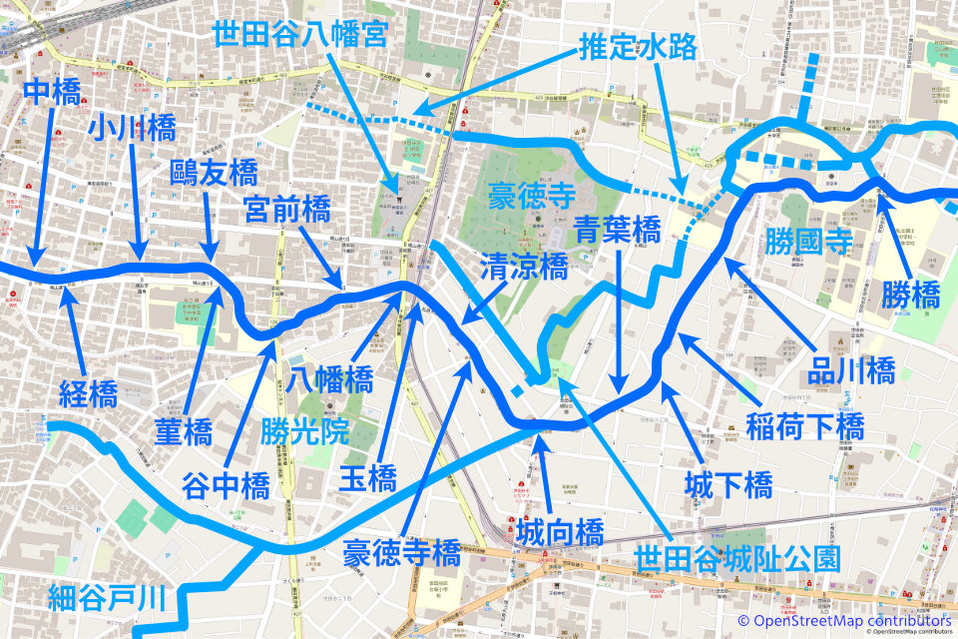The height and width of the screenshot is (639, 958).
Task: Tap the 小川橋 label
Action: [x=132, y=127]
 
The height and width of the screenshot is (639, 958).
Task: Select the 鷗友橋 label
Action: [x=214, y=172]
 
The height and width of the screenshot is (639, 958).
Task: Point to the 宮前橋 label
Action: [x=287, y=210]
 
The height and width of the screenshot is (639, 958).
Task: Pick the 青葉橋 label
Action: [x=619, y=231]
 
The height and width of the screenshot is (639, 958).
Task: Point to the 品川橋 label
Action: [x=851, y=371]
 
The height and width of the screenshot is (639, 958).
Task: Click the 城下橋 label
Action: [x=728, y=485]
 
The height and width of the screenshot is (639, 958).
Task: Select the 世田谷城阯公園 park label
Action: [x=737, y=558]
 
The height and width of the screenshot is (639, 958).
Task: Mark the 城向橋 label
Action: [x=560, y=531]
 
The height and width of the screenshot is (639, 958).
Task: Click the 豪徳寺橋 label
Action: [x=401, y=551]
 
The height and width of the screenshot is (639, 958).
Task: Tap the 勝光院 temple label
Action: [x=304, y=431]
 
